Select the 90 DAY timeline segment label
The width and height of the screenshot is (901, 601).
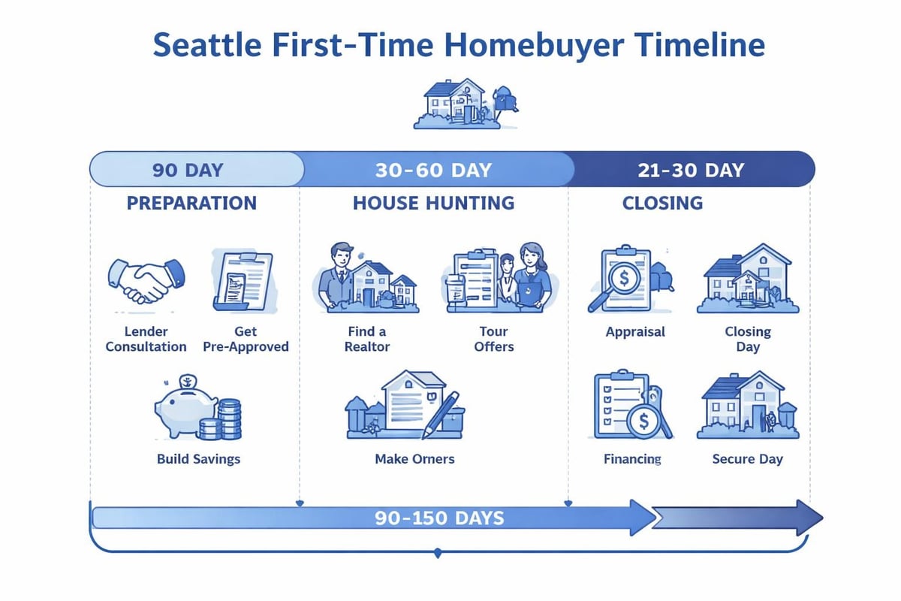coord(188,170)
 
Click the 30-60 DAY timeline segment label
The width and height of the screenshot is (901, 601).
coord(433,170)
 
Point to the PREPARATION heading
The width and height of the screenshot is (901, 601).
coord(191,203)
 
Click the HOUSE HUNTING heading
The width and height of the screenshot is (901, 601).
coord(433,203)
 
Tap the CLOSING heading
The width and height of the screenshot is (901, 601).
coord(662,203)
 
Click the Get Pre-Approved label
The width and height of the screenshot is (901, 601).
coord(246,339)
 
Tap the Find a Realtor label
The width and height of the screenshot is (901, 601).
coord(367,339)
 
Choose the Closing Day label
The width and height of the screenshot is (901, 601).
coord(747,339)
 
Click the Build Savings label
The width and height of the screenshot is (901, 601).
coord(198,458)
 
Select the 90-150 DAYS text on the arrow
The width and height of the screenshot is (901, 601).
coord(439,518)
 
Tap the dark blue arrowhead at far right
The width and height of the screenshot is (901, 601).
coord(807,518)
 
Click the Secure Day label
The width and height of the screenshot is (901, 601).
coord(747,458)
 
